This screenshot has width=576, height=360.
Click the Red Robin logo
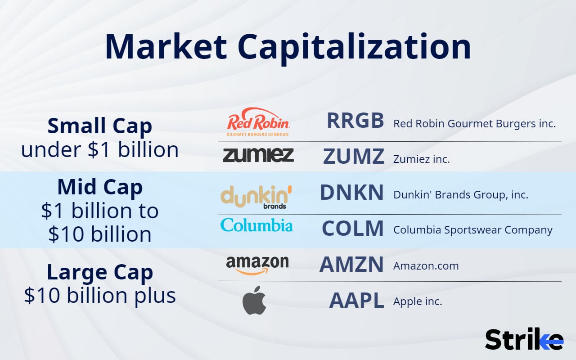coord(258,121)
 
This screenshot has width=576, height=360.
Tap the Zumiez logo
coord(258,155)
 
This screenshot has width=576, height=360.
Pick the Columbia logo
coord(256,225)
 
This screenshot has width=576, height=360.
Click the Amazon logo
coord(257,265)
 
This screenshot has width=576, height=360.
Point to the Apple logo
coord(254,300)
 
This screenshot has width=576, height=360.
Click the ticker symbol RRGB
coord(355,121)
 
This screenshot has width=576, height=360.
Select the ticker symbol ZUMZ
coord(354,157)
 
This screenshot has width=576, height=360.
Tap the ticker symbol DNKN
coord(352,193)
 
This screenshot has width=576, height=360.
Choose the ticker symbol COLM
coord(353,229)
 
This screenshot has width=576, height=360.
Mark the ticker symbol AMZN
coord(351,265)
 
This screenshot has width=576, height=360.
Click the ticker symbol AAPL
coord(356,301)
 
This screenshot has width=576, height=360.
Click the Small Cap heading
coord(100,126)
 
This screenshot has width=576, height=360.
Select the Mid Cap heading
coord(100,187)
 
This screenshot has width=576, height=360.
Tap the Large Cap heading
coord(100,272)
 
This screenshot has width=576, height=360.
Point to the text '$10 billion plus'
coord(100,295)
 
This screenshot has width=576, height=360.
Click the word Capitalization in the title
coord(354,47)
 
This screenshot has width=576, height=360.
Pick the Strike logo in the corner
coord(524,339)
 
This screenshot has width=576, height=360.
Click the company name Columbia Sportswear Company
coord(473,229)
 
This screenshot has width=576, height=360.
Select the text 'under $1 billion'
coord(100,149)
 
